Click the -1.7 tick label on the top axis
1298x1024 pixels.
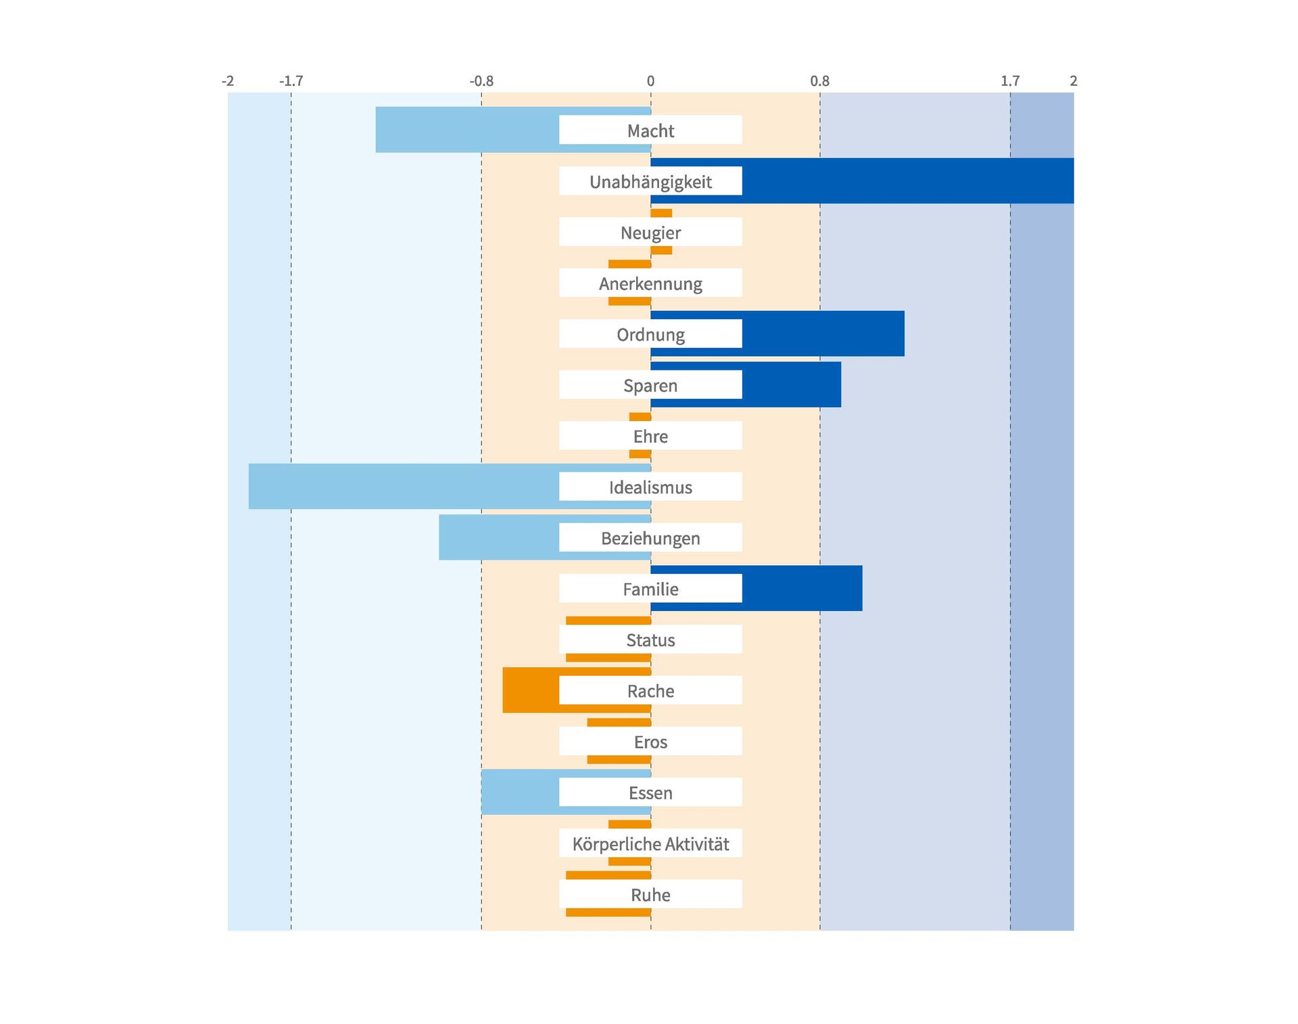pos(291,81)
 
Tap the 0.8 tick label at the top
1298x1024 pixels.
pos(819,81)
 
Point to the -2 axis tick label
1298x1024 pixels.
pos(228,81)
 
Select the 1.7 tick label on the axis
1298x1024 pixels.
pos(1010,81)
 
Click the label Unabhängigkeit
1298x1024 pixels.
pos(650,182)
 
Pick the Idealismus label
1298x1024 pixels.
pos(650,487)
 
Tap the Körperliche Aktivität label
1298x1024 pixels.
pos(650,844)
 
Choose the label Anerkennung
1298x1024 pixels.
pos(650,284)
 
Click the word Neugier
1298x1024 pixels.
pos(650,233)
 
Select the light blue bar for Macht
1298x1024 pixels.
pos(466,130)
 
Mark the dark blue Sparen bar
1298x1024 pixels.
pos(791,385)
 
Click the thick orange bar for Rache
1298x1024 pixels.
pos(531,690)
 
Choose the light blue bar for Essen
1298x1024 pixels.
pos(520,792)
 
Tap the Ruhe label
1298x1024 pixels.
pos(650,895)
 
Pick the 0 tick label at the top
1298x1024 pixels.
pos(650,81)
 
